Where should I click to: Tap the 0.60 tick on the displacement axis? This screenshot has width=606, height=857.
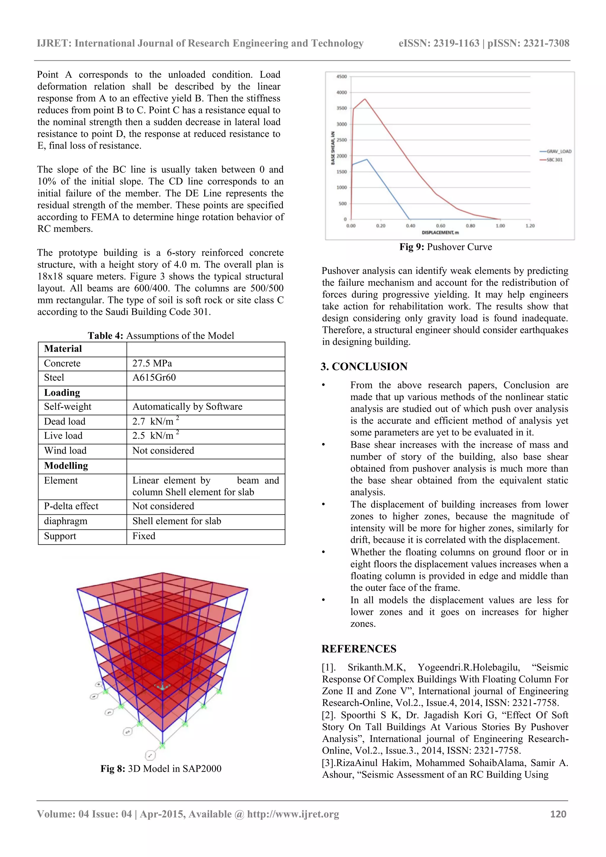pyautogui.click(x=440, y=226)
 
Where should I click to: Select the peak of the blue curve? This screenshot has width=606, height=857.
pyautogui.click(x=367, y=159)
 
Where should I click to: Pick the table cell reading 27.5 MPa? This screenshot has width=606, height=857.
pyautogui.click(x=152, y=363)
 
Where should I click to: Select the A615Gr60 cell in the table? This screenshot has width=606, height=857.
pyautogui.click(x=154, y=377)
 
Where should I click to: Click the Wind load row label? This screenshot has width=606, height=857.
pyautogui.click(x=65, y=451)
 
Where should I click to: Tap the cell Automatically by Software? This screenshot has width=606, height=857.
pyautogui.click(x=187, y=406)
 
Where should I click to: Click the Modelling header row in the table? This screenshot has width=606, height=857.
pyautogui.click(x=66, y=466)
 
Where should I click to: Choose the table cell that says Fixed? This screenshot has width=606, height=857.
pyautogui.click(x=144, y=536)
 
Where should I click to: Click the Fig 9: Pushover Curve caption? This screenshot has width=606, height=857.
pyautogui.click(x=445, y=247)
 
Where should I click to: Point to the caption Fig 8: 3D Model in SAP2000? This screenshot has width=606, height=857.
pyautogui.click(x=161, y=769)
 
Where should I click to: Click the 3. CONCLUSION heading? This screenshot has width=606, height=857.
pyautogui.click(x=364, y=367)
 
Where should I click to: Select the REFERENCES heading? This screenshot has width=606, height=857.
pyautogui.click(x=359, y=649)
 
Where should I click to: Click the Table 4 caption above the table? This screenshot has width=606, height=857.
pyautogui.click(x=161, y=335)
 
